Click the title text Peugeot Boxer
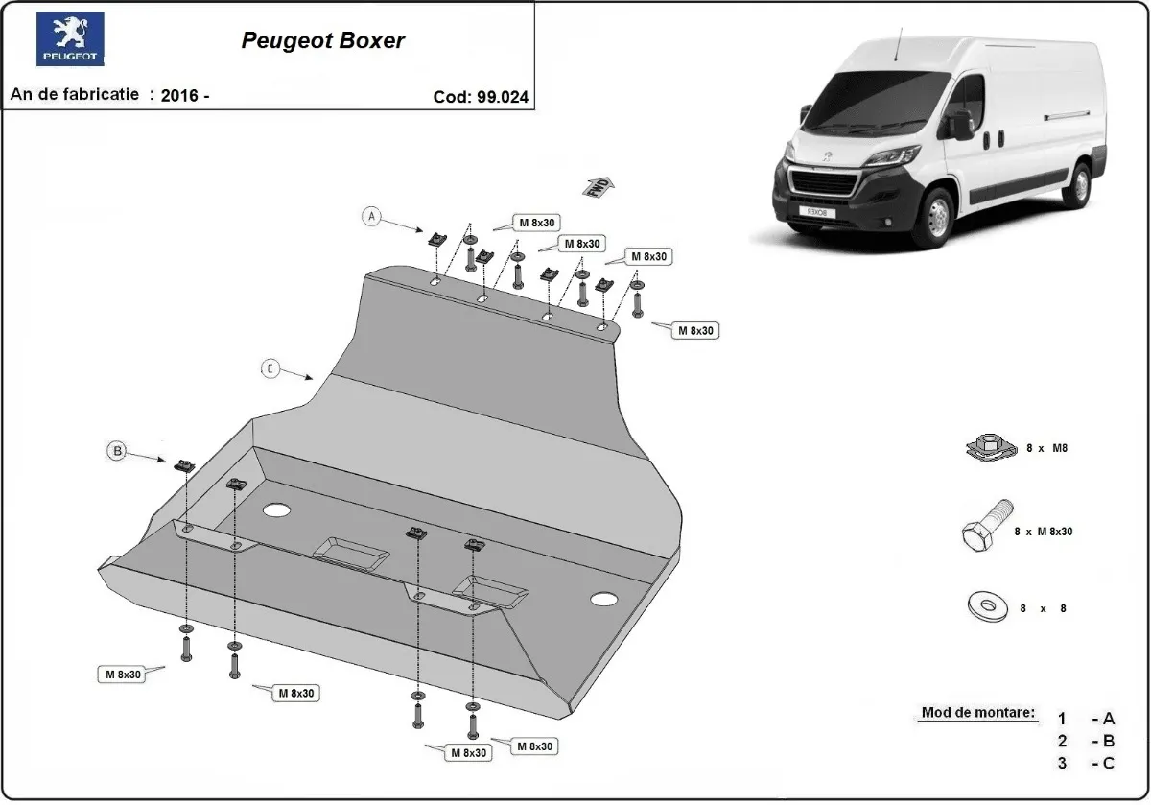tap(322, 41)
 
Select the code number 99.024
tap(502, 97)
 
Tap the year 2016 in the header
tap(179, 96)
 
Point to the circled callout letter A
tap(371, 217)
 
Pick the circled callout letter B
tap(116, 450)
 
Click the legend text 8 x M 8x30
tap(1043, 531)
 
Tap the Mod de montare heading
tap(978, 713)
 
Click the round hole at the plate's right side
tap(603, 600)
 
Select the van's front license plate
tap(817, 209)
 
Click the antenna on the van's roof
tap(900, 42)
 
